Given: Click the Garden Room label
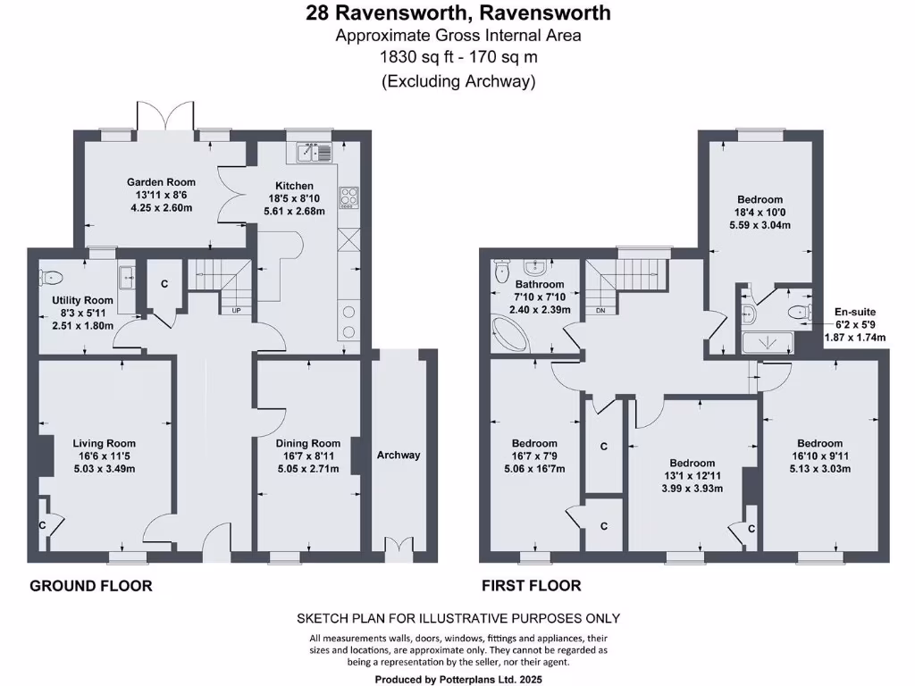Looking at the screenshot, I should click(161, 182).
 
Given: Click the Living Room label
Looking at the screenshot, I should click(105, 443).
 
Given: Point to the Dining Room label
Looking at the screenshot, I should click(308, 443).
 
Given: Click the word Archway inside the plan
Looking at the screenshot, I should click(399, 455).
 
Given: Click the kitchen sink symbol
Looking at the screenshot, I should click(309, 153).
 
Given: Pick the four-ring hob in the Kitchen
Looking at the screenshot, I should click(348, 197).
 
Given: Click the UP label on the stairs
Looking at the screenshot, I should click(236, 311).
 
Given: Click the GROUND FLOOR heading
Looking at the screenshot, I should click(91, 586).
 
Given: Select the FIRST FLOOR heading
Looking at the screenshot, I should click(532, 586).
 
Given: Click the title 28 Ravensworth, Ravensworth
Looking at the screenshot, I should click(457, 13).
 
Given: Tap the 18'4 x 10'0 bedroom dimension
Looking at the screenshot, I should click(760, 213).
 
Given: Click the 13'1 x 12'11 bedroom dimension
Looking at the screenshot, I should click(693, 476).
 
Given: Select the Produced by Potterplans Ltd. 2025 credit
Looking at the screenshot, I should click(457, 679).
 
